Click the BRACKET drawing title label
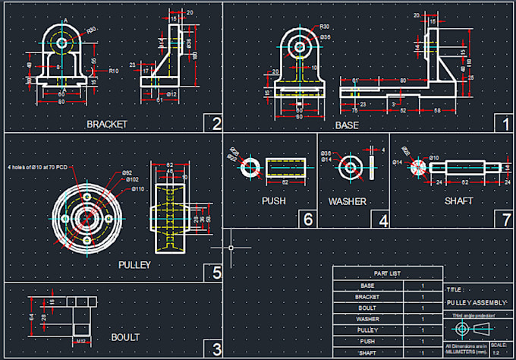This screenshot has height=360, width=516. point(106,124)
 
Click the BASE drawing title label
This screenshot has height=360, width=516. point(347,125)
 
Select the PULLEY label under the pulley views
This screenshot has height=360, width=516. point(135,265)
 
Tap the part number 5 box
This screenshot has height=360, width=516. point(216,272)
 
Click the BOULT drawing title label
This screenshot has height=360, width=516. point(125,337)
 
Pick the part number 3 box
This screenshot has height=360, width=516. point(216,349)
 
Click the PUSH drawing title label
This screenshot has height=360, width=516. point(273,201)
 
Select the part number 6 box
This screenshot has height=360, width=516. point(307,219)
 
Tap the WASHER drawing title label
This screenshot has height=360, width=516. point(347,202)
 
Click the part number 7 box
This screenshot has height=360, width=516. point(506,219)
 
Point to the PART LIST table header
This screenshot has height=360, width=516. point(388,273)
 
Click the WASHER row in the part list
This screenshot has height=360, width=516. point(367,319)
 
